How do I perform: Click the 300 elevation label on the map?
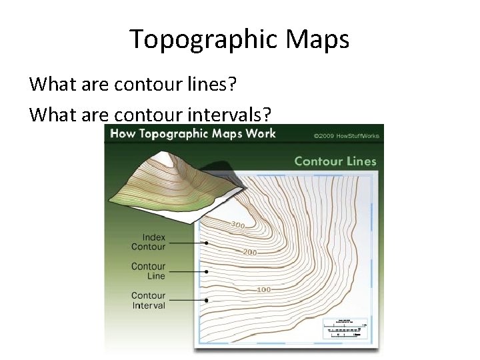[x=238, y=225]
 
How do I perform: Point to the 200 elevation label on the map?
[x=250, y=253]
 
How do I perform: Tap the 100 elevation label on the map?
[x=263, y=289]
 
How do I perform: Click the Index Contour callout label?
[x=148, y=242]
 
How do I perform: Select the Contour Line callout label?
[x=148, y=271]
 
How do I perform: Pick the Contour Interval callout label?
[x=148, y=300]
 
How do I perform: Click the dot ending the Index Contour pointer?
[x=207, y=243]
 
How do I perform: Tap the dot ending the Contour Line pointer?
[x=207, y=272]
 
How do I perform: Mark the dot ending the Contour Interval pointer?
[x=207, y=301]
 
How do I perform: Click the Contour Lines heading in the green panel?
[x=335, y=161]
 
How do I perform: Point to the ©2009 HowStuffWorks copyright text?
[x=346, y=136]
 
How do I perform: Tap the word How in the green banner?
[x=123, y=133]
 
